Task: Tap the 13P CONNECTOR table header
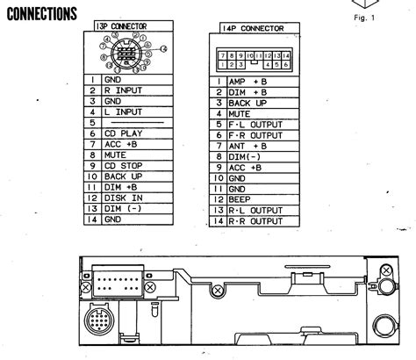pos(133,27)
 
